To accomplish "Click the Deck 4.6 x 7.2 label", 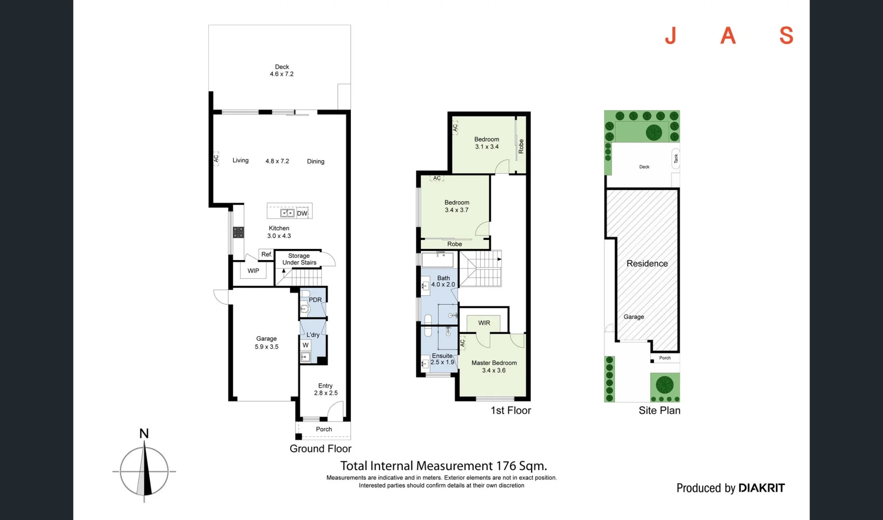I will tap(281, 70).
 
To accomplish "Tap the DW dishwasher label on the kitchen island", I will tap(302, 213).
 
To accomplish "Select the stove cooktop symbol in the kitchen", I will tap(238, 233).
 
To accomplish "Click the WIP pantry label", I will tap(253, 271).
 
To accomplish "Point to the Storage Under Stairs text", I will tap(299, 259).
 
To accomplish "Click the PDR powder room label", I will tap(315, 300).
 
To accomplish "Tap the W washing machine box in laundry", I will tap(306, 345).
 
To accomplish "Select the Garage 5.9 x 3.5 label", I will tap(266, 342).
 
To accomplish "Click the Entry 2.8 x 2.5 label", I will tap(325, 389).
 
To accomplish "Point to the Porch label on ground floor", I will tap(323, 429).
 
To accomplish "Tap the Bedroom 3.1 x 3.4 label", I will tap(486, 143).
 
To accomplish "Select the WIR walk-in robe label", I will tap(484, 323).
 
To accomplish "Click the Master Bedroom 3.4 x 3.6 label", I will tap(494, 366).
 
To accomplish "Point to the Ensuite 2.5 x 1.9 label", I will tap(442, 359).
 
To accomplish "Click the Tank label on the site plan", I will tap(676, 158).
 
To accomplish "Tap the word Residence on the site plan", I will tap(647, 264).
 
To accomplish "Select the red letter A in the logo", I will tap(728, 36).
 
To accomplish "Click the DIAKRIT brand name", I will tap(761, 488).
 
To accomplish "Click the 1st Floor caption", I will tap(510, 411).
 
